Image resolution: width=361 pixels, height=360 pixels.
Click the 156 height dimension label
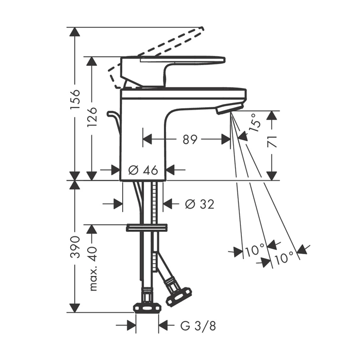[75, 99]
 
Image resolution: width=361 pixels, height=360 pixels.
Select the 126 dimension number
[92, 117]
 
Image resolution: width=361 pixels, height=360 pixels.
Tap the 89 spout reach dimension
[190, 139]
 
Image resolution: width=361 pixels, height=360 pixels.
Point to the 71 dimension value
[272, 142]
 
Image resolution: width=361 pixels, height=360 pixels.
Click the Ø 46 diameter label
[143, 170]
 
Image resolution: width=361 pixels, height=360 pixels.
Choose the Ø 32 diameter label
[200, 204]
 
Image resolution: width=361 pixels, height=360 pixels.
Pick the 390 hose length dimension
[75, 247]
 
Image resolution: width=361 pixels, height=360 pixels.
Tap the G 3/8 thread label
[198, 325]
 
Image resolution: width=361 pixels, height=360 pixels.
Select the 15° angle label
[256, 123]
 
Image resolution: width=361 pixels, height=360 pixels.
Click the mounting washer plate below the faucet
[147, 228]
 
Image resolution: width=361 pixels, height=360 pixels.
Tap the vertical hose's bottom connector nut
[147, 308]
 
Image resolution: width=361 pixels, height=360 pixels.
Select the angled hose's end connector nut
[179, 296]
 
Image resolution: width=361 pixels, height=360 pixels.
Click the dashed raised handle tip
[202, 29]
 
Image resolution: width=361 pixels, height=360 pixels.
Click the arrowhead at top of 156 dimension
[75, 32]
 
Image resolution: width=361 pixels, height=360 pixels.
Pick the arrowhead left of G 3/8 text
[131, 325]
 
